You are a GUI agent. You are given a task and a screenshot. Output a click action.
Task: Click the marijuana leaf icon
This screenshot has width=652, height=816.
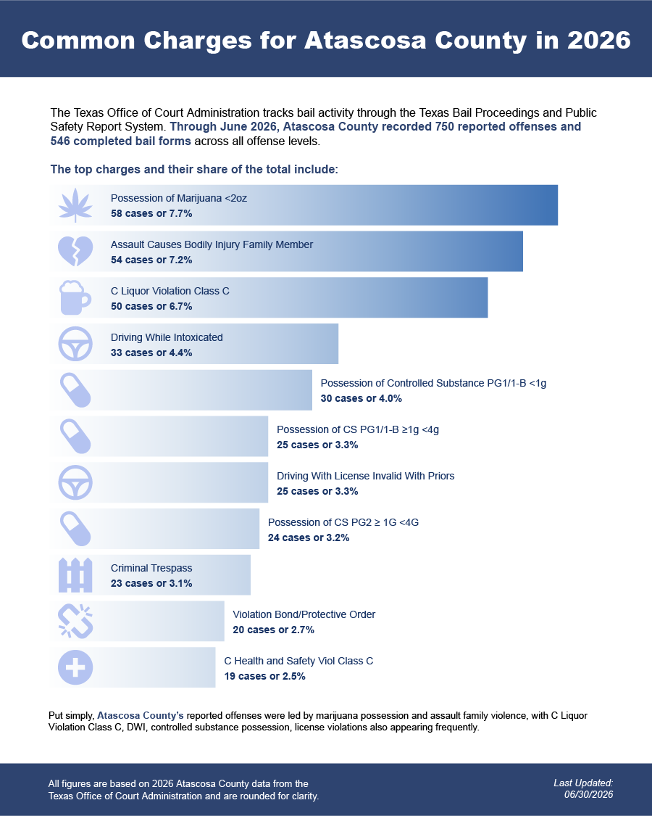click(75, 205)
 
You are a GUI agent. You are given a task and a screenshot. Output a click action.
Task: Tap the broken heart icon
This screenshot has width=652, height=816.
click(75, 252)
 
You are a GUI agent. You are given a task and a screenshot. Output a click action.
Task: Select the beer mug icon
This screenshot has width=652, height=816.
click(75, 297)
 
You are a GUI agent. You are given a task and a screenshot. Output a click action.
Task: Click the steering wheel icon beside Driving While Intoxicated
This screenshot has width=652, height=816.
click(75, 344)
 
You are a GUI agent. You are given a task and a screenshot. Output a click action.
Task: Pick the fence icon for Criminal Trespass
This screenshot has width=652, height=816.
click(75, 575)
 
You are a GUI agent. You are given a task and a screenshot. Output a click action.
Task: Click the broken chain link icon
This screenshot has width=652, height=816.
click(75, 622)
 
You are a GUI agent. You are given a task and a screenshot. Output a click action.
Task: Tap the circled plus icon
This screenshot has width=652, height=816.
click(75, 668)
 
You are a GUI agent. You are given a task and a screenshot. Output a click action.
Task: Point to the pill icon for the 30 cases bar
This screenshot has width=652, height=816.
click(75, 390)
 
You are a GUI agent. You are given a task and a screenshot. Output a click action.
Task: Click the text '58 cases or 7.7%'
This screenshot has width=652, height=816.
click(151, 213)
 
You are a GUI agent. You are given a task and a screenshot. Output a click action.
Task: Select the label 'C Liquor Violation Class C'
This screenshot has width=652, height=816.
click(170, 291)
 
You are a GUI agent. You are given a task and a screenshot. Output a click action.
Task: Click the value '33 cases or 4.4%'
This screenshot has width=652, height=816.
click(151, 353)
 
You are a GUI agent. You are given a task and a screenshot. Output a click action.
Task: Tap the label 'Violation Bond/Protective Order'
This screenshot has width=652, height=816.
click(304, 614)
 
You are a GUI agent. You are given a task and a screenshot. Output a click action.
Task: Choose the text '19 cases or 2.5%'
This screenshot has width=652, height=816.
click(264, 677)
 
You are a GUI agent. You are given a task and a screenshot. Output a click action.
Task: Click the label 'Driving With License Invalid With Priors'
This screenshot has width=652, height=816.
click(366, 476)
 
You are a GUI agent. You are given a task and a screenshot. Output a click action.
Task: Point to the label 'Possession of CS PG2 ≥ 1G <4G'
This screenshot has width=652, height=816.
click(343, 522)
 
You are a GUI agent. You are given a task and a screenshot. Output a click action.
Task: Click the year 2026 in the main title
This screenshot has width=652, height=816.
click(599, 41)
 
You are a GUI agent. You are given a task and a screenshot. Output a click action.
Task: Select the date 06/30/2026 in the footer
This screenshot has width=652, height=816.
click(588, 795)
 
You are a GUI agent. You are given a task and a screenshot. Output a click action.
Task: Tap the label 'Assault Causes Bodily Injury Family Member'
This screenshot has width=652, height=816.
click(212, 244)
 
